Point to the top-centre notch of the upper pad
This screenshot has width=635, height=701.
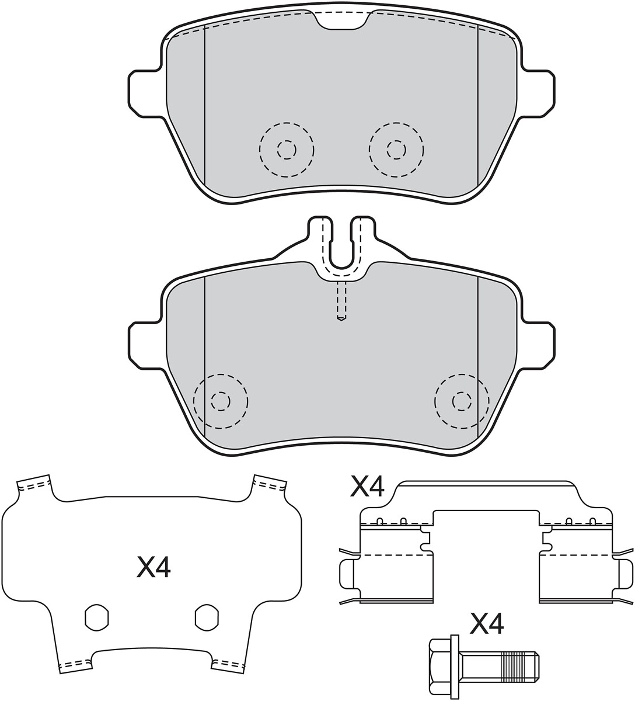point(341,22)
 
